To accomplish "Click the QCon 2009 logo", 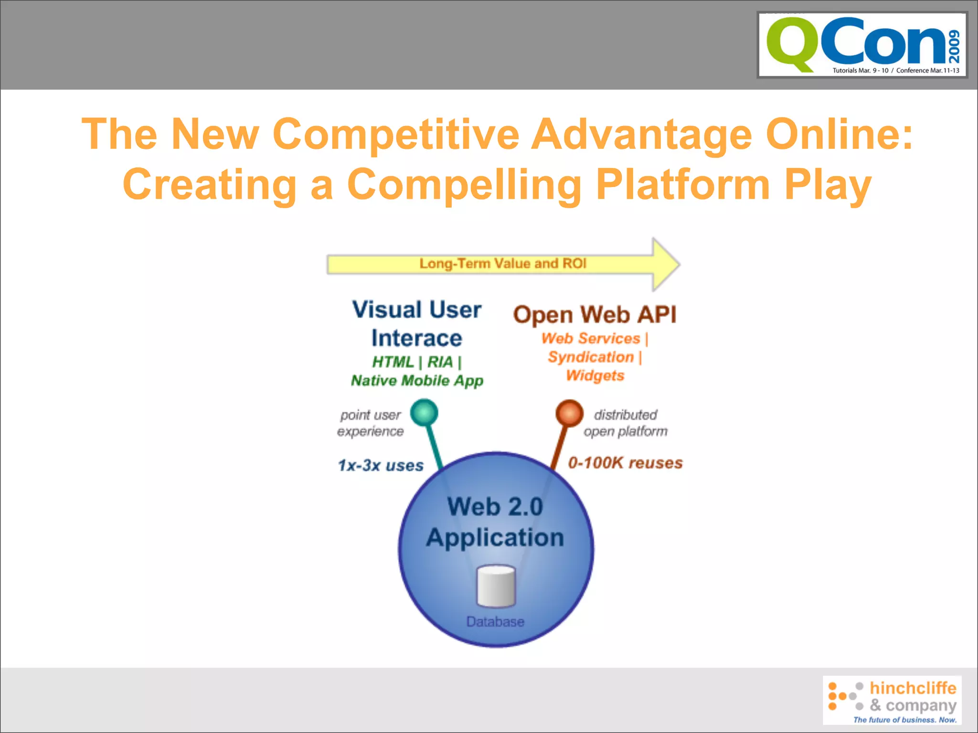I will click(862, 45).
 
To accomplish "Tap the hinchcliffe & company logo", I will click(892, 700).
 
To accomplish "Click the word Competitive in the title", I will click(395, 134).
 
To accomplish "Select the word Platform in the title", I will click(683, 185).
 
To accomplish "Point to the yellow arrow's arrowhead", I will click(666, 264).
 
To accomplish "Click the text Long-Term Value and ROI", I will click(502, 264).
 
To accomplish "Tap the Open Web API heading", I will click(595, 315).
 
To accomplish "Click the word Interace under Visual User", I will click(416, 338).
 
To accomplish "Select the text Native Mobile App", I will click(417, 381).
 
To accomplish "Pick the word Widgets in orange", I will click(595, 376).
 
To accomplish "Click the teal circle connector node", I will click(424, 412).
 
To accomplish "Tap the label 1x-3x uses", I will click(381, 465).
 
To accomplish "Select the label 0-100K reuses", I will click(625, 463).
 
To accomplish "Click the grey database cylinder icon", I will click(497, 586).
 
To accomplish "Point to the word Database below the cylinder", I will click(495, 622).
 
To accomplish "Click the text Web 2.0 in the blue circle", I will click(495, 507).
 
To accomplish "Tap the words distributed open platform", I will click(625, 423).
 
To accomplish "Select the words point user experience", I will click(371, 423).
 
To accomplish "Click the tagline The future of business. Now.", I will click(904, 720).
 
